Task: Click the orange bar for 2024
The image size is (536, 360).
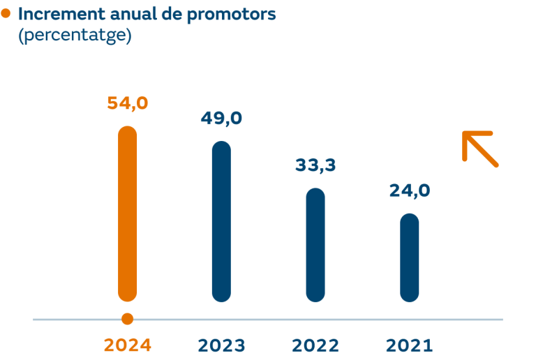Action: click(127, 213)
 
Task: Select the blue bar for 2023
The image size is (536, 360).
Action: click(221, 221)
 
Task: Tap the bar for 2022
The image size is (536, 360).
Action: click(315, 245)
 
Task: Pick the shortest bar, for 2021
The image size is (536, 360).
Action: click(410, 257)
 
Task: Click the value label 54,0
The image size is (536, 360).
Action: click(127, 103)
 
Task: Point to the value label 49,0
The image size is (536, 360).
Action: click(221, 118)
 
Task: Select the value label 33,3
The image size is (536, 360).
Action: click(315, 165)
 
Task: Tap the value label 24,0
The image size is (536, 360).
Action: click(410, 190)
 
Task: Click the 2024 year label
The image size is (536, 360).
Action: click(127, 345)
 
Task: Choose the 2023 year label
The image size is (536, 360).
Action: click(221, 345)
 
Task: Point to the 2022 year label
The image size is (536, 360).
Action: click(315, 345)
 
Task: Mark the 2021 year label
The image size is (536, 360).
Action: click(410, 345)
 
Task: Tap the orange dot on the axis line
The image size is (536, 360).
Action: click(127, 320)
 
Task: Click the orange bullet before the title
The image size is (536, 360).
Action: click(6, 13)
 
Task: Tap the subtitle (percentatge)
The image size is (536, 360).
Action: click(74, 35)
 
